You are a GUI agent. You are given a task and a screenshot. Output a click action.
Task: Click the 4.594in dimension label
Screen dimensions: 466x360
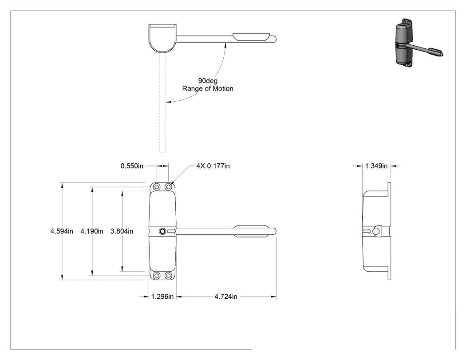(62, 231)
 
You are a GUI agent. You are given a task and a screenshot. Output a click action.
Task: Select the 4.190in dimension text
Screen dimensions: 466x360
(92, 231)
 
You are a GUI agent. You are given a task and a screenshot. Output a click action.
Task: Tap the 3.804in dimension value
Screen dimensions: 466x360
(122, 231)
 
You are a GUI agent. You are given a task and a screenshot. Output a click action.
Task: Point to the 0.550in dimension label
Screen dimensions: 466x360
(132, 166)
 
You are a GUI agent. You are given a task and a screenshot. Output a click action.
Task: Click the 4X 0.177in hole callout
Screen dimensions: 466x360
(213, 166)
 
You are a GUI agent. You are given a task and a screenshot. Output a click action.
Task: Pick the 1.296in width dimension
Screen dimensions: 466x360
(162, 297)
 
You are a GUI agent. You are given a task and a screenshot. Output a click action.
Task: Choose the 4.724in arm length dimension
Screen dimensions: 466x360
(226, 297)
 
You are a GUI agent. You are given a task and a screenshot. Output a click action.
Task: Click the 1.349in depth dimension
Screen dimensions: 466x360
(376, 166)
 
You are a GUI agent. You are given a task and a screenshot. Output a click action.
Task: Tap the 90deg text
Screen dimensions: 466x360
(208, 80)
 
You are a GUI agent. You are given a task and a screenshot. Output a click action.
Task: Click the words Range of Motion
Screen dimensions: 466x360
(208, 88)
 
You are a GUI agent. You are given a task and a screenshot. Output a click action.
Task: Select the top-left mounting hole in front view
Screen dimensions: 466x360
(157, 187)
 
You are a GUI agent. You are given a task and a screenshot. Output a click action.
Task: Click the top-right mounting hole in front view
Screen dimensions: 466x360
(168, 187)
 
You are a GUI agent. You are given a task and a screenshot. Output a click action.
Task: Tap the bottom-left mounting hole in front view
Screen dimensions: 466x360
(157, 275)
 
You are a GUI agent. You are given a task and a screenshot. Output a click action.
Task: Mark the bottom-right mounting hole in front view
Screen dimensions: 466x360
(168, 275)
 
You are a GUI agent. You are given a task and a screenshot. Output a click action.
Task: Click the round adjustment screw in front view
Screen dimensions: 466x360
(162, 231)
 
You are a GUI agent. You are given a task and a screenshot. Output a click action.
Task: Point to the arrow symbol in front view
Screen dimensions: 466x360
(171, 231)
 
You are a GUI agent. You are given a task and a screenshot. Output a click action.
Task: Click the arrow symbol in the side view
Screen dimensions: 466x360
(367, 231)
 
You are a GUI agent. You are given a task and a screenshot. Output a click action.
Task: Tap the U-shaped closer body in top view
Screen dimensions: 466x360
(162, 38)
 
